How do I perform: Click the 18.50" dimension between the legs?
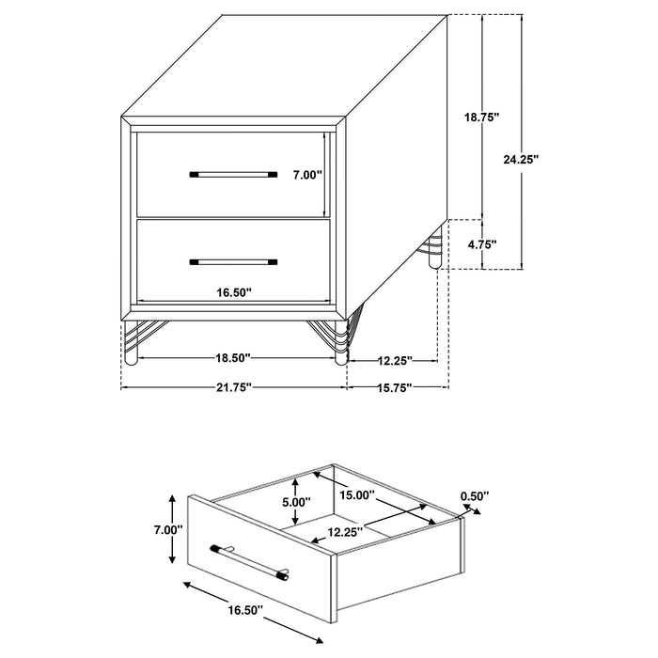[x=232, y=357]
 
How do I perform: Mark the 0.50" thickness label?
[x=475, y=495]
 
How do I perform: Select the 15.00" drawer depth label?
[x=359, y=494]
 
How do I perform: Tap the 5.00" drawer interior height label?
[x=295, y=502]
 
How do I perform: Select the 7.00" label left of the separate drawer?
[x=166, y=529]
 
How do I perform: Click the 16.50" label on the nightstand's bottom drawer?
[x=232, y=292]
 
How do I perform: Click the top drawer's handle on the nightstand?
[x=233, y=174]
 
